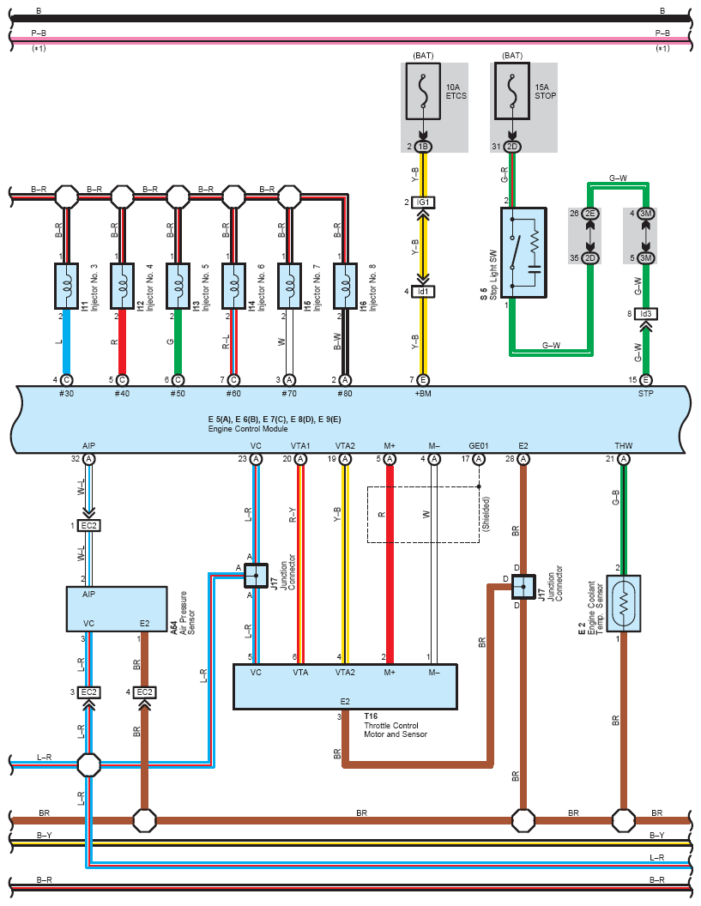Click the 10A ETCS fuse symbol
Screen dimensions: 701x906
pos(423,91)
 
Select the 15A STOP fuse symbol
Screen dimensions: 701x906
pos(512,91)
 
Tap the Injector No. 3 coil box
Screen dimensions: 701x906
pos(66,286)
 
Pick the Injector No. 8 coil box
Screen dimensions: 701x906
pos(345,286)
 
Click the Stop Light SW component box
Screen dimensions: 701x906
pos(523,252)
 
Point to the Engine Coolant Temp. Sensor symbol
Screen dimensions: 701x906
pos(624,603)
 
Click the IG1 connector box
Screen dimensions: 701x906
pos(424,202)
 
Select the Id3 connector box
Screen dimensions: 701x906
pos(645,314)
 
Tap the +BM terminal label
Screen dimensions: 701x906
pos(423,394)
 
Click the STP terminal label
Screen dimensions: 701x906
pos(645,394)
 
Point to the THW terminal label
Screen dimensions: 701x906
pos(624,445)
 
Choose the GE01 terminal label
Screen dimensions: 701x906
pos(479,445)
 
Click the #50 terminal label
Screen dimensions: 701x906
pos(178,394)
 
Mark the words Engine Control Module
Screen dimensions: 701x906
pos(248,429)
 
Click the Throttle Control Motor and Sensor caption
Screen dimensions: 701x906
pos(396,730)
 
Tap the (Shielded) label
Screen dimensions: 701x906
pos(486,514)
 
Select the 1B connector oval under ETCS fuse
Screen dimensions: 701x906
pos(423,147)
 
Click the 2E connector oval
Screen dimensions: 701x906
pos(590,214)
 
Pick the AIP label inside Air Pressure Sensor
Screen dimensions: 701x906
pos(88,594)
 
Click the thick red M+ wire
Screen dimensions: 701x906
pos(390,565)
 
